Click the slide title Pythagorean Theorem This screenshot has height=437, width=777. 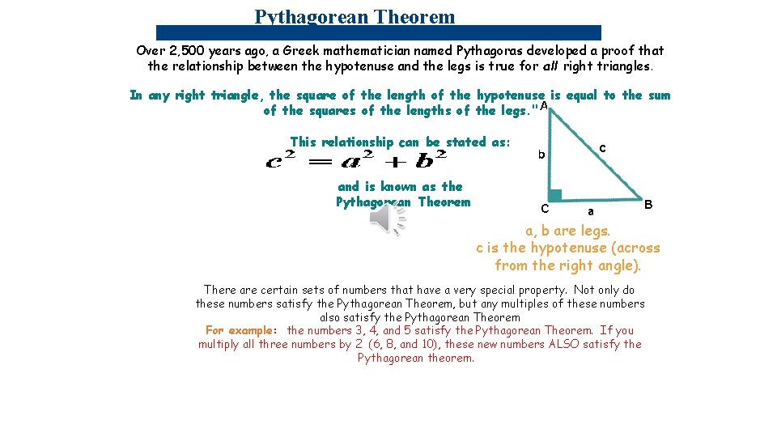355,16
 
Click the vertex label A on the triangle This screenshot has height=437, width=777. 544,106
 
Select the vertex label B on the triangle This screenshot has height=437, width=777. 648,205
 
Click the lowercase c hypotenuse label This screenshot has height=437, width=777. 602,148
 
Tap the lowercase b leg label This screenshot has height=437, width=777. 542,155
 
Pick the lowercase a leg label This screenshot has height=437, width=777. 590,211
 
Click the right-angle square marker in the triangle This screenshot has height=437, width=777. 554,194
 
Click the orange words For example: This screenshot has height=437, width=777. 241,330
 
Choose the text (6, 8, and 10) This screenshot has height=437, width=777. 408,344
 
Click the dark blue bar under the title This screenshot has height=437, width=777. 379,32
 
